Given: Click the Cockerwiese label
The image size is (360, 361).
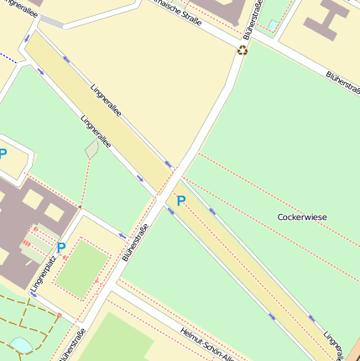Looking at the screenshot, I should click(x=302, y=217).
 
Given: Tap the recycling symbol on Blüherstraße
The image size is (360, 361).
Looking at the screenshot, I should click(x=243, y=50).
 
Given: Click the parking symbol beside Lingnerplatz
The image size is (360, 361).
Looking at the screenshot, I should click(x=60, y=248).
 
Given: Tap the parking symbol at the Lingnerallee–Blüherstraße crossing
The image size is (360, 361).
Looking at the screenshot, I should click(x=180, y=201).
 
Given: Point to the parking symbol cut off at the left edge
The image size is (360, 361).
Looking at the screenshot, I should click(x=3, y=154).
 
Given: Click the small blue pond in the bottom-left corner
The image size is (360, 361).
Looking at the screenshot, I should click(x=19, y=345).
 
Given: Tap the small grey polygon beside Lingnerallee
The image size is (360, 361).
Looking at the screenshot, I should click(x=91, y=149).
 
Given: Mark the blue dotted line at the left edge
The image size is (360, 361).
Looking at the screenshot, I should click(x=8, y=57).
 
